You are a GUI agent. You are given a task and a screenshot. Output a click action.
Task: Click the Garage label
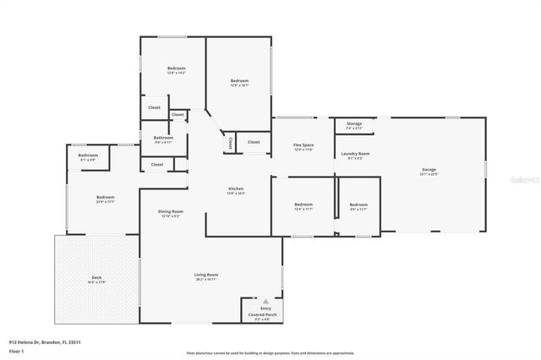429,170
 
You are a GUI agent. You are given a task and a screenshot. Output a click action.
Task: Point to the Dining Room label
170,211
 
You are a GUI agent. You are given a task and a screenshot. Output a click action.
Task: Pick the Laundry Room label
356,154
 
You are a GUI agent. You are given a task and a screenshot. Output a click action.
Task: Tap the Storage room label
353,124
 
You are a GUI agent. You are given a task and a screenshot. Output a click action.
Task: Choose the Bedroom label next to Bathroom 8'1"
105,198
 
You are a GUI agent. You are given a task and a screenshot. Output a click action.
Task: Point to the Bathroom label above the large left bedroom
89,155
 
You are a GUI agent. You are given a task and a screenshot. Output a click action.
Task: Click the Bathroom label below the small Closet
163,138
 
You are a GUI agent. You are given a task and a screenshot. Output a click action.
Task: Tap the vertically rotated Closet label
228,145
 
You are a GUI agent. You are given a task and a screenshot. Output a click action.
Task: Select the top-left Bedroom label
176,68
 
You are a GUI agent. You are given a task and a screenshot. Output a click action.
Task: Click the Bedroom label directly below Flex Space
303,205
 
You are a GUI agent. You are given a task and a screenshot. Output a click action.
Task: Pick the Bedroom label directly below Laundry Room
358,205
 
